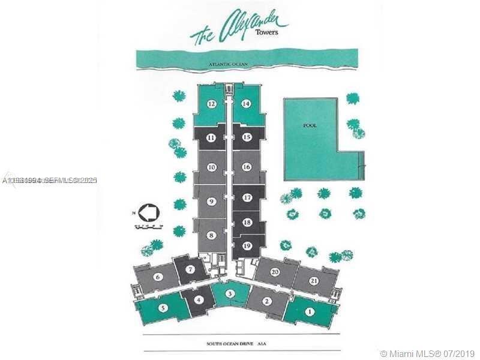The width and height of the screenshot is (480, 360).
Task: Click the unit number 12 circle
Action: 211,103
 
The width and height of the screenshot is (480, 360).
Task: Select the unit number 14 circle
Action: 246,103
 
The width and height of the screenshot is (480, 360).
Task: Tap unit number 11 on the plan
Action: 211,137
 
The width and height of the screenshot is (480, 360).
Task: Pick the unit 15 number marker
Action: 246,137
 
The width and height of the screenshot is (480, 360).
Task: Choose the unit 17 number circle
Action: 247,197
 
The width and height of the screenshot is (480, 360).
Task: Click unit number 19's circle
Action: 247,245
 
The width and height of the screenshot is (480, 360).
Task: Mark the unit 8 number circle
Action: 211,235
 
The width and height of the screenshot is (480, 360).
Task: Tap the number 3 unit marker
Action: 230,293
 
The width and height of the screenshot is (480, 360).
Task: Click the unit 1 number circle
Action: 310,311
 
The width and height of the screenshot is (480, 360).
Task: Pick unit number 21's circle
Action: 314,281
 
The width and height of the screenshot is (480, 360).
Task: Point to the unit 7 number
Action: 190,269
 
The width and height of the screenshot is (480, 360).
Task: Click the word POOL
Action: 310,125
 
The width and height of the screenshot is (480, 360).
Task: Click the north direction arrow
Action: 147,212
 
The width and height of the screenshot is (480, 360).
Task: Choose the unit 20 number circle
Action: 275,272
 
